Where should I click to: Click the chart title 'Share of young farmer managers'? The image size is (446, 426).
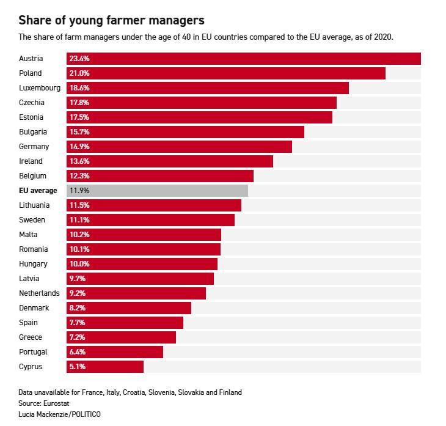111,21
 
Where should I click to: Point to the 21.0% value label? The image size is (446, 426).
79,73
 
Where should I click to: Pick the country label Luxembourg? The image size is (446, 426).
40,88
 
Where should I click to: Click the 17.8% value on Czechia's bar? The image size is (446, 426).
79,103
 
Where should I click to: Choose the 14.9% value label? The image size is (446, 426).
79,147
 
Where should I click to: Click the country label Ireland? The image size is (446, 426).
31,161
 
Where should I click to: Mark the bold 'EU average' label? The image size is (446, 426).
38,191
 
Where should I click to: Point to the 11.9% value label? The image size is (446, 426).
79,191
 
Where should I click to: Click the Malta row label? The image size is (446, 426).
28,235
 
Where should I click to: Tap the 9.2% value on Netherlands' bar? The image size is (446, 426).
78,293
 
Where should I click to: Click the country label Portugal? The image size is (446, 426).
33,352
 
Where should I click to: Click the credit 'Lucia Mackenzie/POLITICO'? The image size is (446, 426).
59,414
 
